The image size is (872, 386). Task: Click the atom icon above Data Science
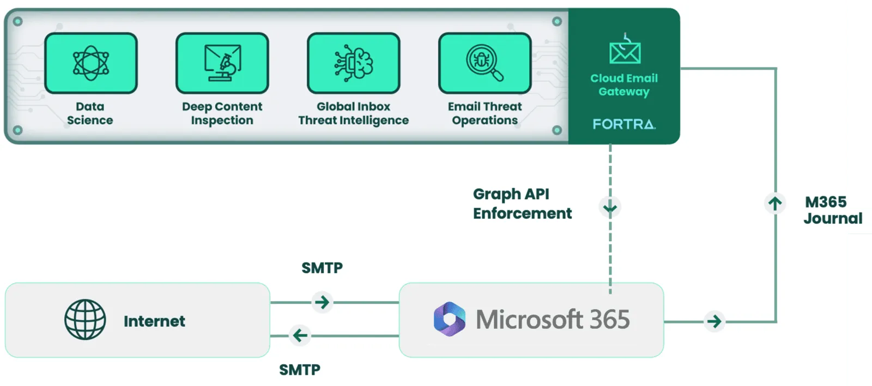(x=91, y=63)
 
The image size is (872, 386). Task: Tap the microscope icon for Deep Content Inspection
(x=222, y=63)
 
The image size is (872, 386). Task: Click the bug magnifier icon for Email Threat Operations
(x=485, y=63)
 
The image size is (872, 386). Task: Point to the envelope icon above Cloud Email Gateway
(x=625, y=51)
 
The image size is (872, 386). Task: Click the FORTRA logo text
(x=624, y=124)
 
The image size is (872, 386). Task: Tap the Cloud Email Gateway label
(x=624, y=85)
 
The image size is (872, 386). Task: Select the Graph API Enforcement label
(x=522, y=204)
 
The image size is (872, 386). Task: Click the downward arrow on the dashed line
(x=610, y=207)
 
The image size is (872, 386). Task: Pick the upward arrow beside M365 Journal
(x=775, y=204)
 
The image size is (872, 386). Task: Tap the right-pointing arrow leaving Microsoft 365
(x=714, y=321)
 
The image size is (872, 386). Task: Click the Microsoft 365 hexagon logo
(x=450, y=319)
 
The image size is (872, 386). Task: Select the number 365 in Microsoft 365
(x=609, y=320)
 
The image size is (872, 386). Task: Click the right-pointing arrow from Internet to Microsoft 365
(x=322, y=302)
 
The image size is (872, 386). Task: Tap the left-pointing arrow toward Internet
(x=300, y=335)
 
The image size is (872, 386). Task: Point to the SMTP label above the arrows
(x=322, y=268)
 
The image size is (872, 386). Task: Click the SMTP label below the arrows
(x=300, y=370)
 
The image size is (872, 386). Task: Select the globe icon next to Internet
(x=85, y=320)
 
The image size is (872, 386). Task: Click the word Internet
(x=154, y=321)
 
